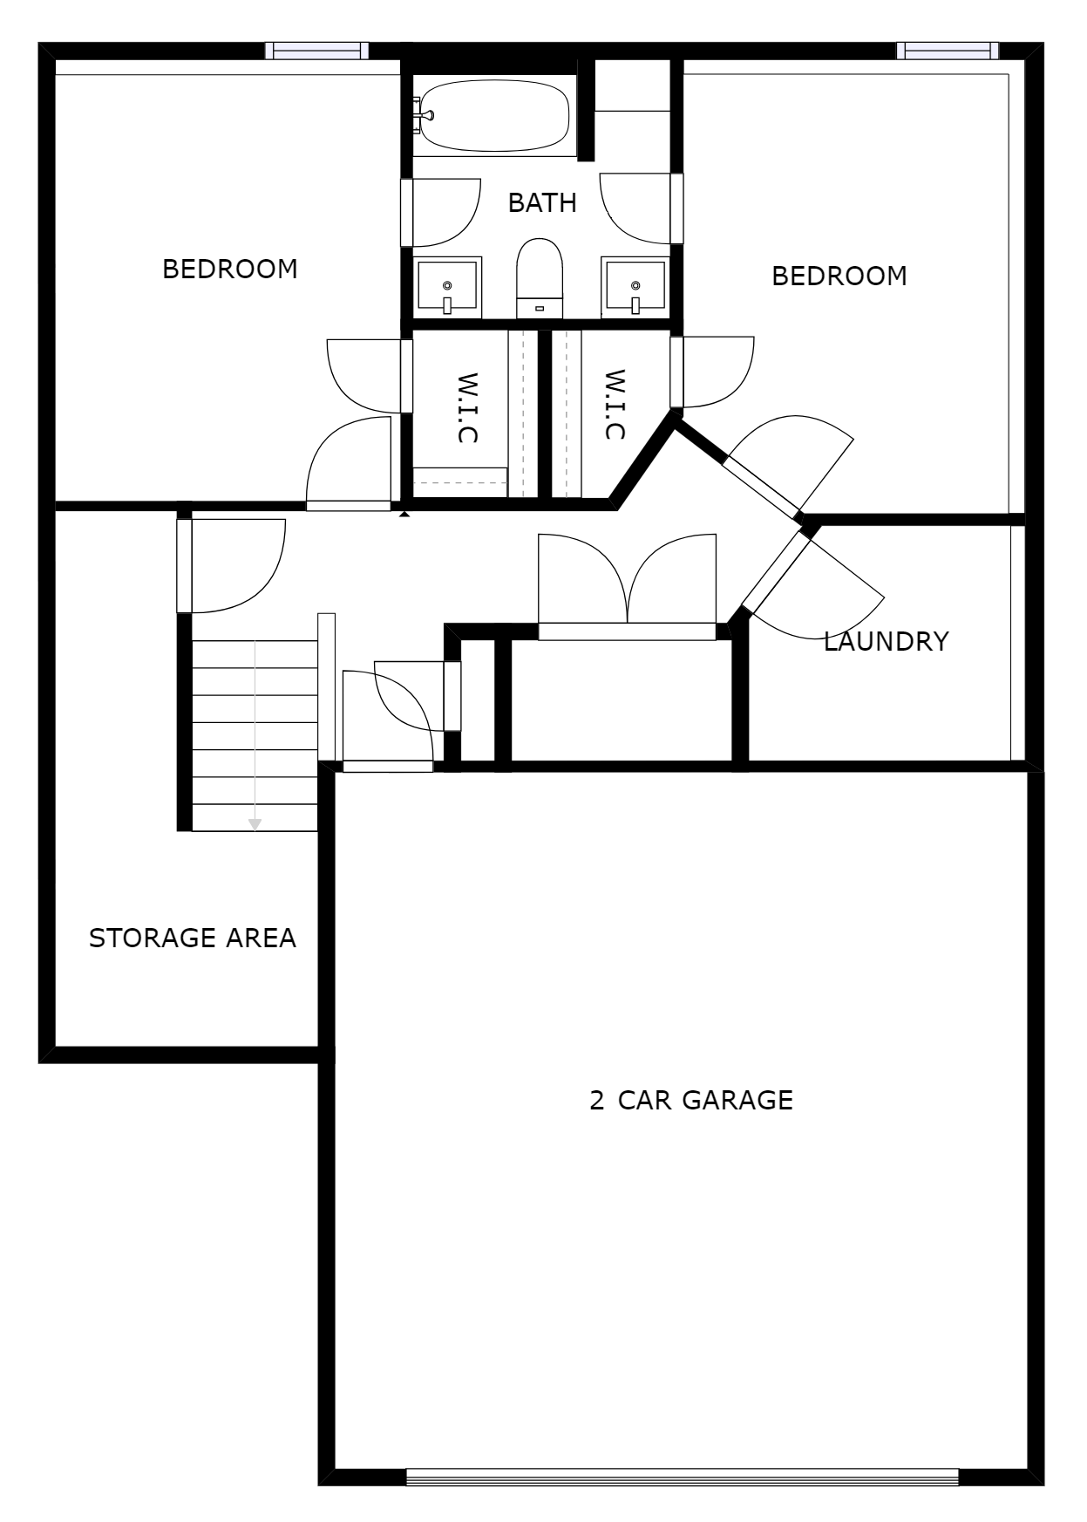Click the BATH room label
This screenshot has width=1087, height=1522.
(x=542, y=203)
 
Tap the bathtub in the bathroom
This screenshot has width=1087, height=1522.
(x=493, y=116)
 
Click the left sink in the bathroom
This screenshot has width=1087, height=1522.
(x=447, y=287)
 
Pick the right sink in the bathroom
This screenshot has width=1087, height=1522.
(x=635, y=287)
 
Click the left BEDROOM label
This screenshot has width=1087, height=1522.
(x=230, y=270)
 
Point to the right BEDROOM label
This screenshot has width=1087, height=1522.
(x=839, y=276)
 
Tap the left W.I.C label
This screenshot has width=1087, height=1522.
(x=468, y=408)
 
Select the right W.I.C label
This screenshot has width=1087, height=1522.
(x=615, y=405)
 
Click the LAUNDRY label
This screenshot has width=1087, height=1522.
(x=886, y=642)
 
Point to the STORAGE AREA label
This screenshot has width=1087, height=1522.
(x=193, y=938)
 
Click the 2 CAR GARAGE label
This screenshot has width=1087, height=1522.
(x=691, y=1101)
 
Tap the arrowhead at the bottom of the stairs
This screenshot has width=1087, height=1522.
(x=255, y=823)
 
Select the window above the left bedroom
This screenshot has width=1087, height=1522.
(x=316, y=51)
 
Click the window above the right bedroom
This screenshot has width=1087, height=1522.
(x=948, y=51)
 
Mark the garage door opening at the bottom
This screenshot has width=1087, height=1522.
(x=682, y=1477)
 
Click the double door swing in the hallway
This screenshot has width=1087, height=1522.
(x=627, y=580)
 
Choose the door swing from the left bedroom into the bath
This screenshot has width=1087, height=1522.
(x=445, y=212)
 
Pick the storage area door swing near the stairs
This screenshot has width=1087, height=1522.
(x=235, y=563)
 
